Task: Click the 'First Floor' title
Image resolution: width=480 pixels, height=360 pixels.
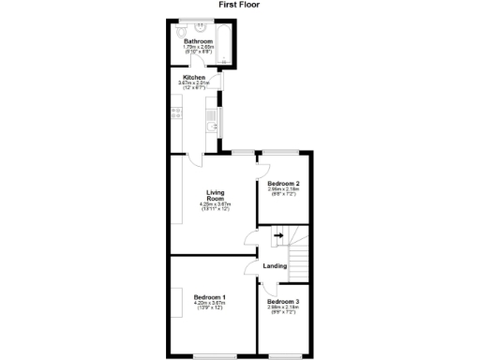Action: click(x=239, y=5)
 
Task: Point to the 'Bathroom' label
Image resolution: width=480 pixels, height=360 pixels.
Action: click(x=198, y=42)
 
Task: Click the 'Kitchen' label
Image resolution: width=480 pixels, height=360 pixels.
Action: click(x=194, y=78)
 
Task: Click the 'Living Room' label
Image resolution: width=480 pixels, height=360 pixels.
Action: click(x=217, y=196)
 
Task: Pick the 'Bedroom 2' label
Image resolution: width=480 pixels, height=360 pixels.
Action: click(x=283, y=183)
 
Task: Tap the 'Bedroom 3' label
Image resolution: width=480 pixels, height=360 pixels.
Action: click(x=282, y=301)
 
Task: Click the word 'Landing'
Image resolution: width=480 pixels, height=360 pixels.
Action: click(x=275, y=266)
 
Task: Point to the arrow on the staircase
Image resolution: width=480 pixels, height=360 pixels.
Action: click(x=277, y=236)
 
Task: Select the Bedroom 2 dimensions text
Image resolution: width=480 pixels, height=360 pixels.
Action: click(x=283, y=191)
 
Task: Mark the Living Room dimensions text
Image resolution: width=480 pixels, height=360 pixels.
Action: click(x=217, y=206)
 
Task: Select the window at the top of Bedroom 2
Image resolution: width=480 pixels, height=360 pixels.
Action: click(x=280, y=152)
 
